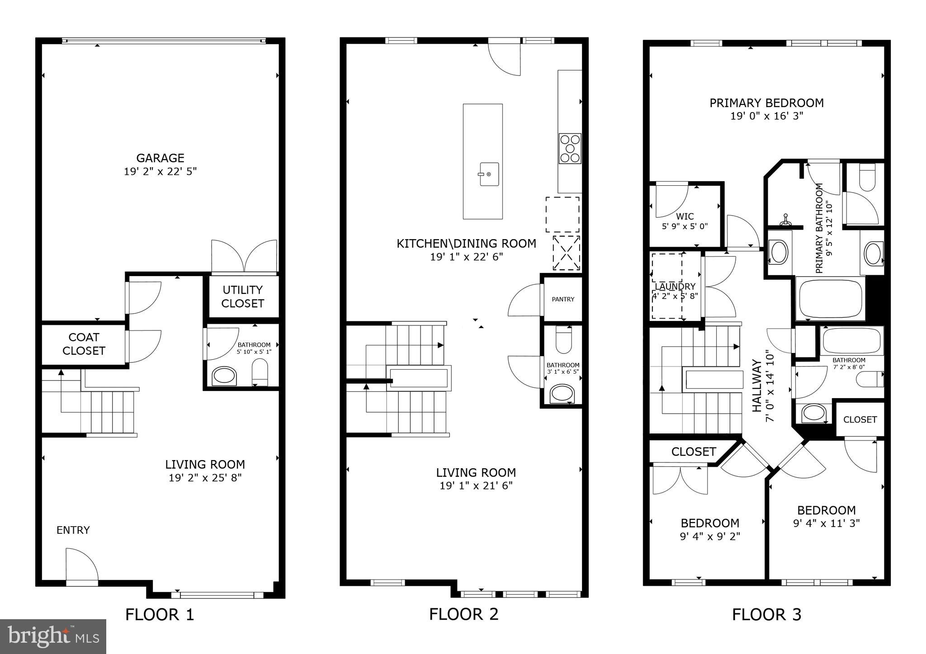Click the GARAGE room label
pos(160,158)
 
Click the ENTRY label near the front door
pos(73,530)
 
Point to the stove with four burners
pos(570,148)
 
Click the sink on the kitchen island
pos(489,174)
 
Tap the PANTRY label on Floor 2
pos(563,299)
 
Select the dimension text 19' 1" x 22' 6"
pos(466,257)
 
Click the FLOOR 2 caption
pos(463,614)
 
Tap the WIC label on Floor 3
pos(685,216)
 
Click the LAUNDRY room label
pos(675,287)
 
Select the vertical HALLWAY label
pos(756,386)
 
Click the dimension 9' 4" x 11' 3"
pos(826,523)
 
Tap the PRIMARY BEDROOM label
pos(766,103)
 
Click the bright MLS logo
pos(53,636)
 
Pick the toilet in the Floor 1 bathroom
pos(260,372)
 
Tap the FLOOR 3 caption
pos(766,615)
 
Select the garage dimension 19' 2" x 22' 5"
pos(160,172)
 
